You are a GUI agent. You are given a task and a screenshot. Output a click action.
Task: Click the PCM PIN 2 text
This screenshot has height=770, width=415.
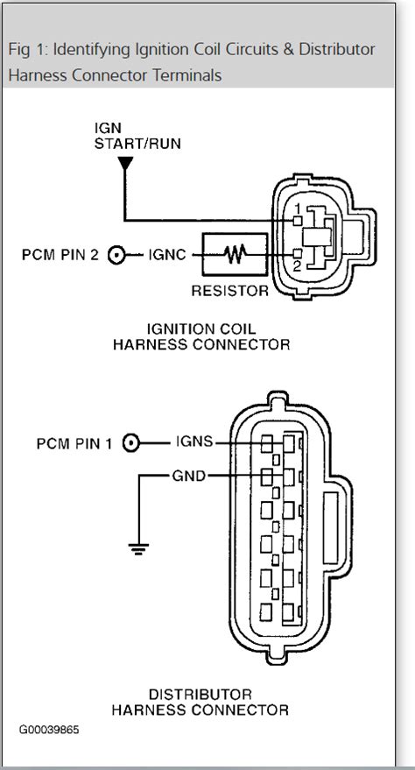click(x=60, y=256)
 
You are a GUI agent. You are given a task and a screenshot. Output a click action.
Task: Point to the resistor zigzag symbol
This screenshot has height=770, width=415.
click(x=234, y=256)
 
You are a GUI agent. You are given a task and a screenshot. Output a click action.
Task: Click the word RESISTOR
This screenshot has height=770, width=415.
click(x=229, y=290)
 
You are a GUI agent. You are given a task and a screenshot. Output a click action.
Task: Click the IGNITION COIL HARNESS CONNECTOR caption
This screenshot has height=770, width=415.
click(x=201, y=337)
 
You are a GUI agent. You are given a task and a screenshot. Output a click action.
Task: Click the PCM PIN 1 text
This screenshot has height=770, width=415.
click(x=74, y=443)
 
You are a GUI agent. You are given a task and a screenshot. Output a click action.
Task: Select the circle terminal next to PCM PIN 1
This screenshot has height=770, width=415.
click(x=132, y=443)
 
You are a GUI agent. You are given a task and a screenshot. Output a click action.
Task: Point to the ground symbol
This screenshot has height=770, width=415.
click(x=137, y=550)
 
